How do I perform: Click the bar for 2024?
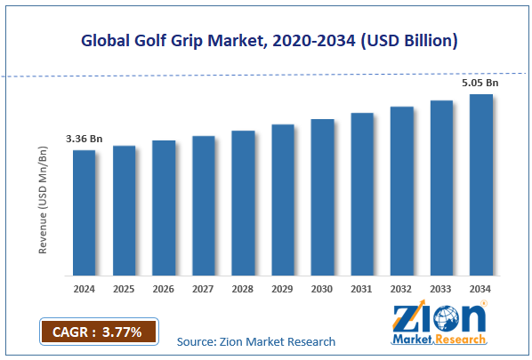(84, 212)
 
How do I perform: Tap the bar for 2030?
(322, 196)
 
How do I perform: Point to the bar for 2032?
(401, 191)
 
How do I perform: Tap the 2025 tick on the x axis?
(124, 289)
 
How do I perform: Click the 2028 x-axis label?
(243, 289)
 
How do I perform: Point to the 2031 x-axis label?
(361, 289)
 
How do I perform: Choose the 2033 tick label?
(441, 289)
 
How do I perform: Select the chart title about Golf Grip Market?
(266, 41)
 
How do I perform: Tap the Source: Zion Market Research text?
(256, 341)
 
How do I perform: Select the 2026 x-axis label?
(164, 289)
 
